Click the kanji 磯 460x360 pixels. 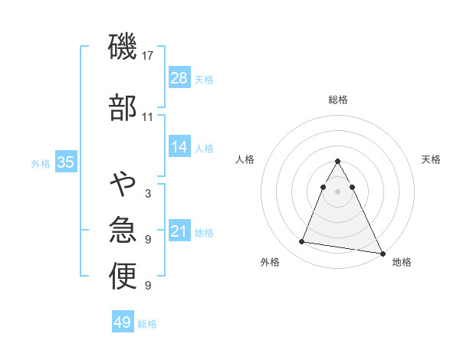(x=123, y=48)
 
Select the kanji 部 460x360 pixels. (x=123, y=108)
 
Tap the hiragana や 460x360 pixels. (x=123, y=184)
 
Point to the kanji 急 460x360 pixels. (x=123, y=230)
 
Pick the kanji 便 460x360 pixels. (x=123, y=277)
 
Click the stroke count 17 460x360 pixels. (x=149, y=56)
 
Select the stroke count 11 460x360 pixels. (x=148, y=116)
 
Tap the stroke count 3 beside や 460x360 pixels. (x=148, y=193)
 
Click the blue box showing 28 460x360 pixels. (x=179, y=78)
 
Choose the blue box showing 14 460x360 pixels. (x=179, y=147)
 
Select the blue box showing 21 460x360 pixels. (x=179, y=231)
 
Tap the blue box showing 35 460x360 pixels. (x=66, y=162)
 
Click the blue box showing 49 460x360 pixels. (x=123, y=322)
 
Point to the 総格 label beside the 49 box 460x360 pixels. (x=148, y=324)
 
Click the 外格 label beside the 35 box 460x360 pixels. (x=41, y=164)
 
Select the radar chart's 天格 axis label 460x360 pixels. (x=432, y=159)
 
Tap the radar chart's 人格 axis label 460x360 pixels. (x=245, y=159)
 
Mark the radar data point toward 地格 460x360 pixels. (x=383, y=252)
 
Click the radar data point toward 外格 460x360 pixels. (x=302, y=242)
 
